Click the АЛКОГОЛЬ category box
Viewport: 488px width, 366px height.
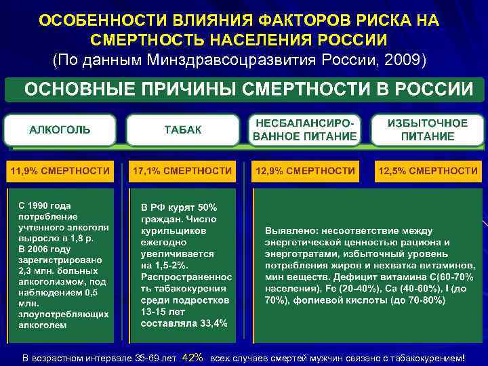[60, 130]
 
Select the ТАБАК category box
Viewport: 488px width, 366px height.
[183, 130]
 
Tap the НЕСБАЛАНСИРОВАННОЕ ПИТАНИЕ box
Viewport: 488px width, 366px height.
[305, 130]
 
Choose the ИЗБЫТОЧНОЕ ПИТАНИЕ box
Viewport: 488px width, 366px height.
[428, 130]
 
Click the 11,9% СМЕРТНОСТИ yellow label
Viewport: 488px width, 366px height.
[60, 170]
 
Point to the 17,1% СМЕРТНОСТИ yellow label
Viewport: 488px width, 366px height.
[182, 170]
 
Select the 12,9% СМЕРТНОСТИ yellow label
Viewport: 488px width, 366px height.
[305, 170]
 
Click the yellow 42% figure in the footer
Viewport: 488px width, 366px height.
[193, 357]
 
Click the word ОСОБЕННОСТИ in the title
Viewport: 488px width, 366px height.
[87, 20]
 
